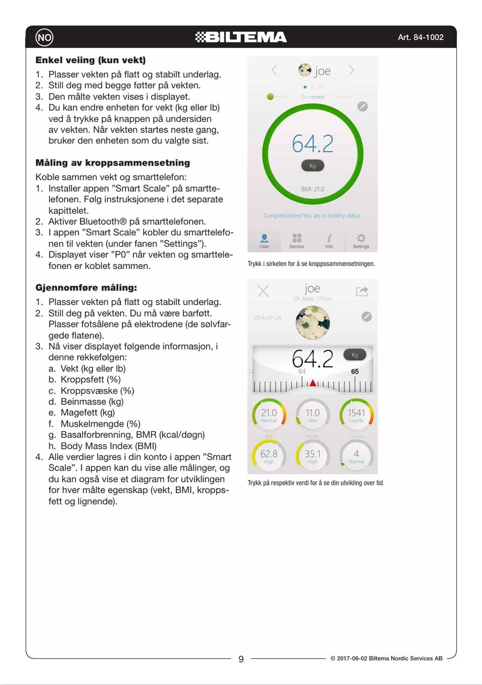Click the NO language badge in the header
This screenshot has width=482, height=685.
[x=44, y=37]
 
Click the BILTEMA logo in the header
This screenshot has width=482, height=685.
[x=241, y=37]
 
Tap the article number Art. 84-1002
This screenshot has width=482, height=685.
[x=420, y=37]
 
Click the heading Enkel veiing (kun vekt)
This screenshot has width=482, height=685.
[x=90, y=60]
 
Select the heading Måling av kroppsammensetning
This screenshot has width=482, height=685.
[x=112, y=163]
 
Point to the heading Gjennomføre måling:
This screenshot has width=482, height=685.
[x=86, y=288]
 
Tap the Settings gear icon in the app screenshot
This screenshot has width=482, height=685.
[x=361, y=238]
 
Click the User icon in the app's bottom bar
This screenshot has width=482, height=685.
[x=264, y=238]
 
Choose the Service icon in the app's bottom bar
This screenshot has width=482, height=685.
[x=297, y=238]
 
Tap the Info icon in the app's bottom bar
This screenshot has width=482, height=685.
[x=329, y=238]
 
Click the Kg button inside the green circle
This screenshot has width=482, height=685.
[x=313, y=166]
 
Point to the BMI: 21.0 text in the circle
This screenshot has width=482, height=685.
[x=313, y=189]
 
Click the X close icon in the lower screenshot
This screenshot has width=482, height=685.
[x=263, y=291]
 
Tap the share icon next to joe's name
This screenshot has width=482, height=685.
[x=362, y=291]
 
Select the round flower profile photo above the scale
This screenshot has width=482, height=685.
[x=313, y=323]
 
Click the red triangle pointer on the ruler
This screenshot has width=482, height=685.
[x=313, y=383]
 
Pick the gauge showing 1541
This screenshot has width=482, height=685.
[x=356, y=415]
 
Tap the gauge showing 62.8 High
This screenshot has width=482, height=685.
[x=269, y=455]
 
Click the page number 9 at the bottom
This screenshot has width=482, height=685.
[x=241, y=659]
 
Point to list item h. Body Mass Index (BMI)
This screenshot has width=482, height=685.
[x=108, y=446]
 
